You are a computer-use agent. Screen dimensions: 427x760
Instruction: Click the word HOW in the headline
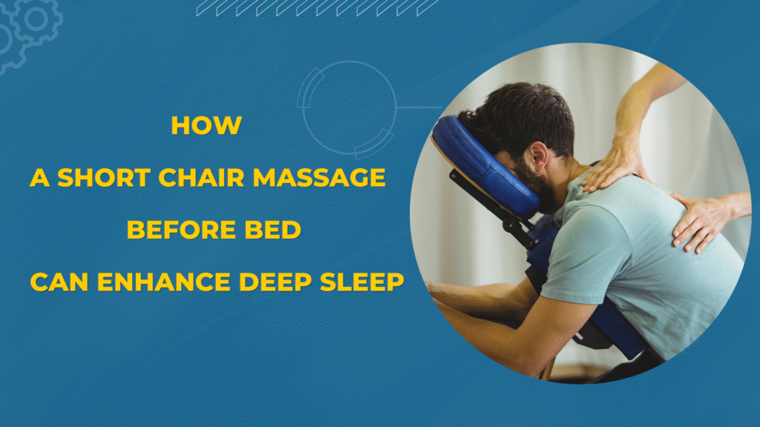click(206, 125)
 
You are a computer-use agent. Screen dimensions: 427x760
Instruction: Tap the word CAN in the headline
click(59, 282)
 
